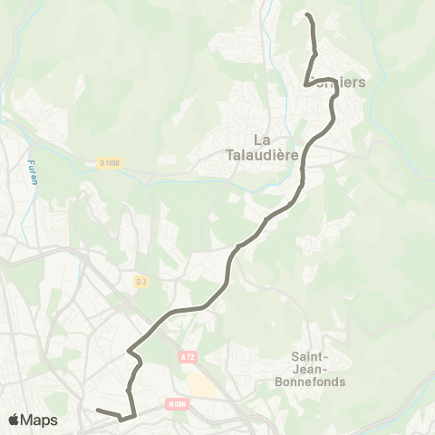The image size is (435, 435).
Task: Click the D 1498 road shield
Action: tap(109, 163)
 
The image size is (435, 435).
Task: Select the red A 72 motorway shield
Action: tap(188, 357)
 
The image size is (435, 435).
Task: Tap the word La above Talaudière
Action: tap(263, 139)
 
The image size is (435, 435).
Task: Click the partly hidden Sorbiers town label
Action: tap(343, 82)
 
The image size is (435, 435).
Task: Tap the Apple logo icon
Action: tap(15, 420)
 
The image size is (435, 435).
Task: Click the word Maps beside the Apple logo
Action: tap(40, 420)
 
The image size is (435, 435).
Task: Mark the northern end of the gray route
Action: tap(307, 15)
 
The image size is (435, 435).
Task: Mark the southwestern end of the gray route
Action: tap(96, 412)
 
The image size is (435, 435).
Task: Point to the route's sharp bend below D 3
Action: tap(130, 349)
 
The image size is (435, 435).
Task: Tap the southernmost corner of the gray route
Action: tap(121, 419)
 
